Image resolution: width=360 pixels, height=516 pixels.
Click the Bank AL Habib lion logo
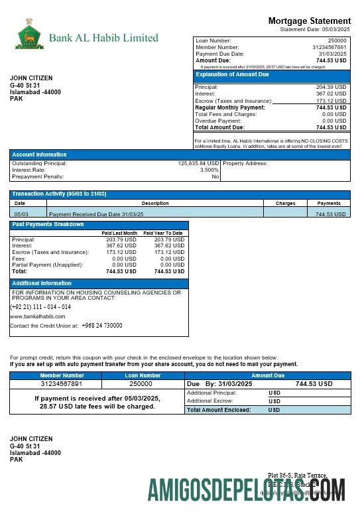pos(29,34)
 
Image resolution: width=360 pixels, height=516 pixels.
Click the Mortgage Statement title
pos(309,21)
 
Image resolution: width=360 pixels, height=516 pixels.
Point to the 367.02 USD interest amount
pos(331,94)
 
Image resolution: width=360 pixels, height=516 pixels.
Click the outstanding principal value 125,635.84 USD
pos(198,163)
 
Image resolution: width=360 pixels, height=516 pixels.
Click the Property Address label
pos(245,163)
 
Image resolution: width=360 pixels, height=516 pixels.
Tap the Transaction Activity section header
pos(59,194)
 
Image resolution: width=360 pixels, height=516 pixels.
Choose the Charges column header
pos(285,204)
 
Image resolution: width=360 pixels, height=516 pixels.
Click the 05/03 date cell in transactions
pos(21,214)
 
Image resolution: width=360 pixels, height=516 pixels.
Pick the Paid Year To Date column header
pos(163,233)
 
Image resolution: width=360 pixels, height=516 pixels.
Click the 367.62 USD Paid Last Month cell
pos(121,245)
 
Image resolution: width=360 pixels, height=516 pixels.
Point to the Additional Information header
pos(42,283)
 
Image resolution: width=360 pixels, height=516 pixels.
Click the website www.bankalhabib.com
pos(38,316)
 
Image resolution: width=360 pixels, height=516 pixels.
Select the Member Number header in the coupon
pos(62,375)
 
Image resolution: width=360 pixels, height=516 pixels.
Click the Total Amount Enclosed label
pos(219,410)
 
